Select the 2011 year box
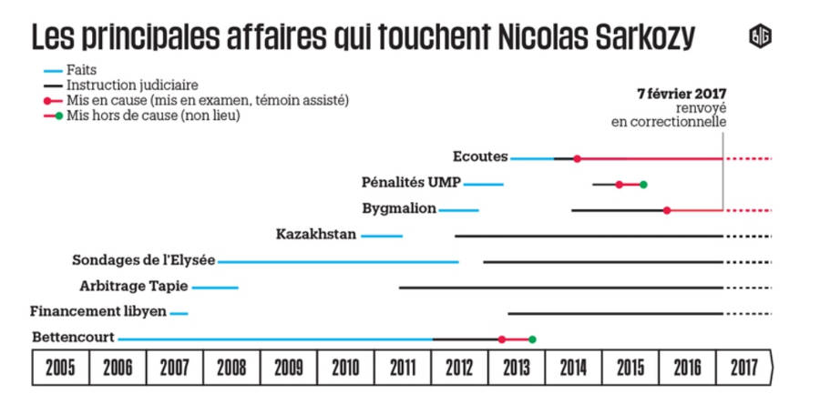pos(402,369)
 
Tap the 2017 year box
pos(743,369)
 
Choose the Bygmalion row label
pos(399,209)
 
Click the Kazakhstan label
pos(316,235)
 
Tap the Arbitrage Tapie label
pos(134,287)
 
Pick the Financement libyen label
pos(98,312)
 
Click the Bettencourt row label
pos(73,338)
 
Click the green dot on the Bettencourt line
pos(532,339)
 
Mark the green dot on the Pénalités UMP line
pos(643,185)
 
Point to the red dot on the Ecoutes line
pos(578,158)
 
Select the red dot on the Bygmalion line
pos(667,210)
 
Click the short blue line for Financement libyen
pos(179,313)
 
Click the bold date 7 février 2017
pos(681,94)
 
